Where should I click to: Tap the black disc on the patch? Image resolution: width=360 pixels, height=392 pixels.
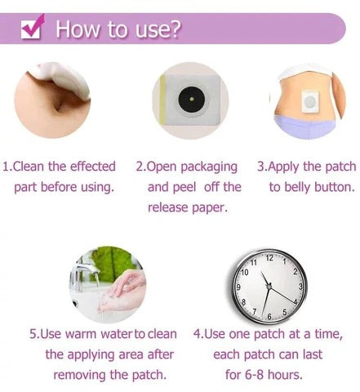(192, 100)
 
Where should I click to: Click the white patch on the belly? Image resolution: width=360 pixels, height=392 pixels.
(309, 102)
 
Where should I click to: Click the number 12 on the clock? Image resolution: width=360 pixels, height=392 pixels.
(269, 258)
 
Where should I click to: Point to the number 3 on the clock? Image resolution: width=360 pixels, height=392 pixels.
(300, 287)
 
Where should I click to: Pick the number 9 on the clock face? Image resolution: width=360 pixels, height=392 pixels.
(238, 287)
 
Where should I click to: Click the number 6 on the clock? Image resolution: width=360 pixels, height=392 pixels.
(269, 316)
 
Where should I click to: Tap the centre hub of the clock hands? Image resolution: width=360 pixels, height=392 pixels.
(269, 287)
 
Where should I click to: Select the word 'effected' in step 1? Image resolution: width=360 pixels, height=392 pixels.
(93, 167)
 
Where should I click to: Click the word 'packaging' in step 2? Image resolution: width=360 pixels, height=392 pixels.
(209, 167)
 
